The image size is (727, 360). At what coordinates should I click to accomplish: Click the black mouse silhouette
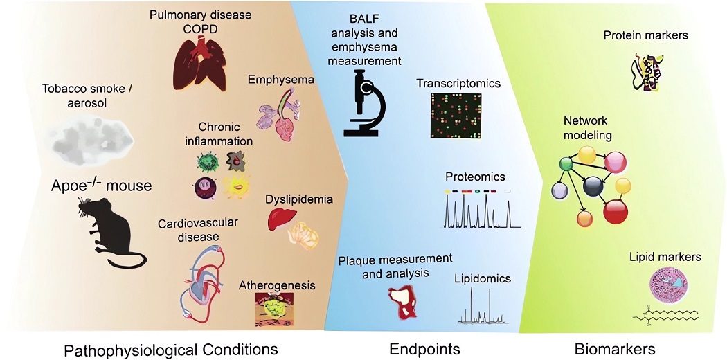111,232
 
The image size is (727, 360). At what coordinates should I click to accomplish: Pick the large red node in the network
615,210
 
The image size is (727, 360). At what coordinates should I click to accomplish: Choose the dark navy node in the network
593,186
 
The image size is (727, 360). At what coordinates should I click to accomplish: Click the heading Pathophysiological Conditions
170,348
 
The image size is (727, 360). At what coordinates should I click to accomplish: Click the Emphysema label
281,80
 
